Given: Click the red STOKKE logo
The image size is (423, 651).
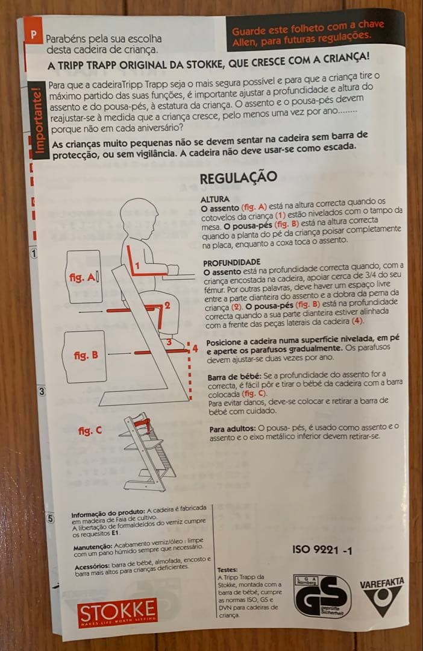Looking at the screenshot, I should [117, 613].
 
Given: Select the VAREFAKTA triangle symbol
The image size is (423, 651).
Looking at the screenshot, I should [381, 600].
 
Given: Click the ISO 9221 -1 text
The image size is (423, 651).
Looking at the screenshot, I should [322, 550].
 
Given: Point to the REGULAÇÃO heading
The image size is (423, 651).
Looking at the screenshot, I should [238, 177].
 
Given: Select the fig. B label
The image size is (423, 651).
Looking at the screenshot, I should [86, 355].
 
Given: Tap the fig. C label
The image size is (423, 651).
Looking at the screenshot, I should [90, 431].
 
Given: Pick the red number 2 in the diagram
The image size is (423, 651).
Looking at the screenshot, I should [167, 306].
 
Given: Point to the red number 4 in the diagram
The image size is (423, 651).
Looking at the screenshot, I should [195, 348].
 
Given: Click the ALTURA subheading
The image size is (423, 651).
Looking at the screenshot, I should [214, 198].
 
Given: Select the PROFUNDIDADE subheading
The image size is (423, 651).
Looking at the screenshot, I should [231, 263].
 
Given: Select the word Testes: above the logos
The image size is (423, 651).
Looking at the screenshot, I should [227, 570].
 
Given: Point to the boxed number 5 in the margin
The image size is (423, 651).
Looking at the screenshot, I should [51, 518].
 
